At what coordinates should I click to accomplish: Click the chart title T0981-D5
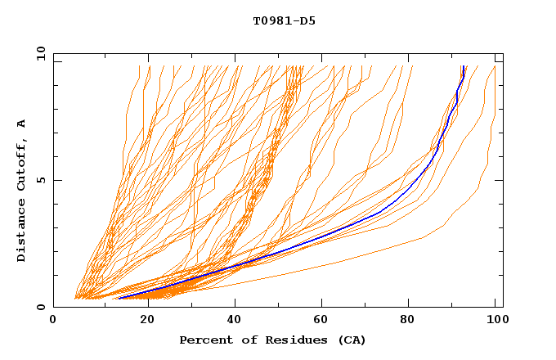[x=284, y=20]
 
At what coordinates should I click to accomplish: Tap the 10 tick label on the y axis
[x=38, y=53]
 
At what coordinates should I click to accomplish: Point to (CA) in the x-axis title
[x=350, y=340]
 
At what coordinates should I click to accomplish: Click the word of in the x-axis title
[x=243, y=340]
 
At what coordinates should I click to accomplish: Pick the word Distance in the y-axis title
[x=22, y=232]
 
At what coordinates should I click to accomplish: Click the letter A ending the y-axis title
[x=22, y=124]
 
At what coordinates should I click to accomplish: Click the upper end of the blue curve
[x=464, y=67]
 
